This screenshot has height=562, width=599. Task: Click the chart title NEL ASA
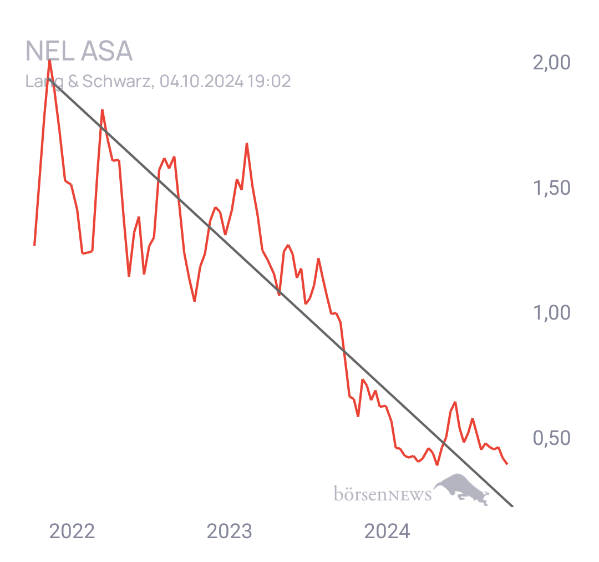(x=79, y=51)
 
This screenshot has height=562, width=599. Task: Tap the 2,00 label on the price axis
(x=552, y=62)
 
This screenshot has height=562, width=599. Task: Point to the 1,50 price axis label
(x=552, y=188)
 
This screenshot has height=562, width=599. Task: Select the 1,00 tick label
(x=552, y=313)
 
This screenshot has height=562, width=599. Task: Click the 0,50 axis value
(x=552, y=438)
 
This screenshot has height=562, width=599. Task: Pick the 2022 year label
(x=72, y=531)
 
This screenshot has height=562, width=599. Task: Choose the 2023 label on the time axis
(x=229, y=531)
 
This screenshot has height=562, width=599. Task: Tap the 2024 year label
(x=387, y=531)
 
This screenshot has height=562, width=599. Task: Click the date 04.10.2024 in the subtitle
(x=201, y=82)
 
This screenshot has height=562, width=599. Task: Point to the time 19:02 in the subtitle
(x=269, y=82)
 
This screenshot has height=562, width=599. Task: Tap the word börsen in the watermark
(x=361, y=493)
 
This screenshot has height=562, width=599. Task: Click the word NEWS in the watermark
(x=409, y=495)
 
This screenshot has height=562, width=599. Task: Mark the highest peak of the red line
(x=50, y=60)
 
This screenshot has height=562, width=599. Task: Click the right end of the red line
(x=507, y=464)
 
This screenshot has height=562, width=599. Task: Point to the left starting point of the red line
(x=35, y=245)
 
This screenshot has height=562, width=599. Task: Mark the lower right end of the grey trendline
(x=512, y=506)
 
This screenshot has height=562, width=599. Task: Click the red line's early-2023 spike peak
(x=247, y=144)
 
